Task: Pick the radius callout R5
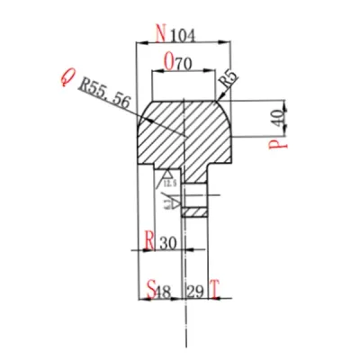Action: (230, 79)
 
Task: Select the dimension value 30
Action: (167, 244)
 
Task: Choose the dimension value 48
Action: (164, 292)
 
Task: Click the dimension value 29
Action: (194, 292)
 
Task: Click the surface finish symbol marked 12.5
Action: (168, 179)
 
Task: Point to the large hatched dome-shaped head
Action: (184, 130)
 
